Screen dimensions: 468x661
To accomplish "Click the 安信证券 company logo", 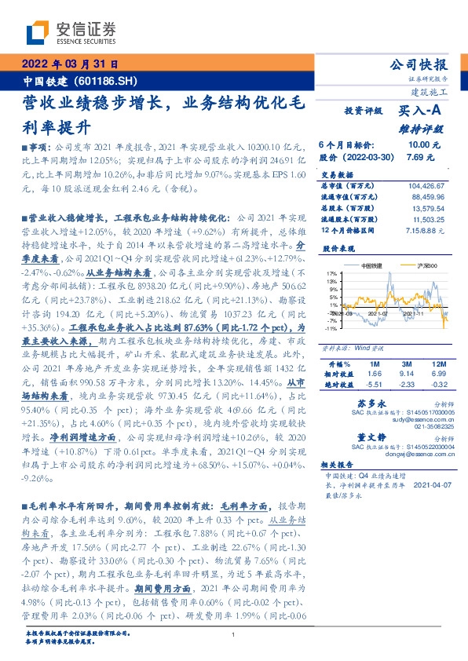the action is tap(60, 33).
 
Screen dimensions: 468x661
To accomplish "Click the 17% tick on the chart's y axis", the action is tap(332, 272).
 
